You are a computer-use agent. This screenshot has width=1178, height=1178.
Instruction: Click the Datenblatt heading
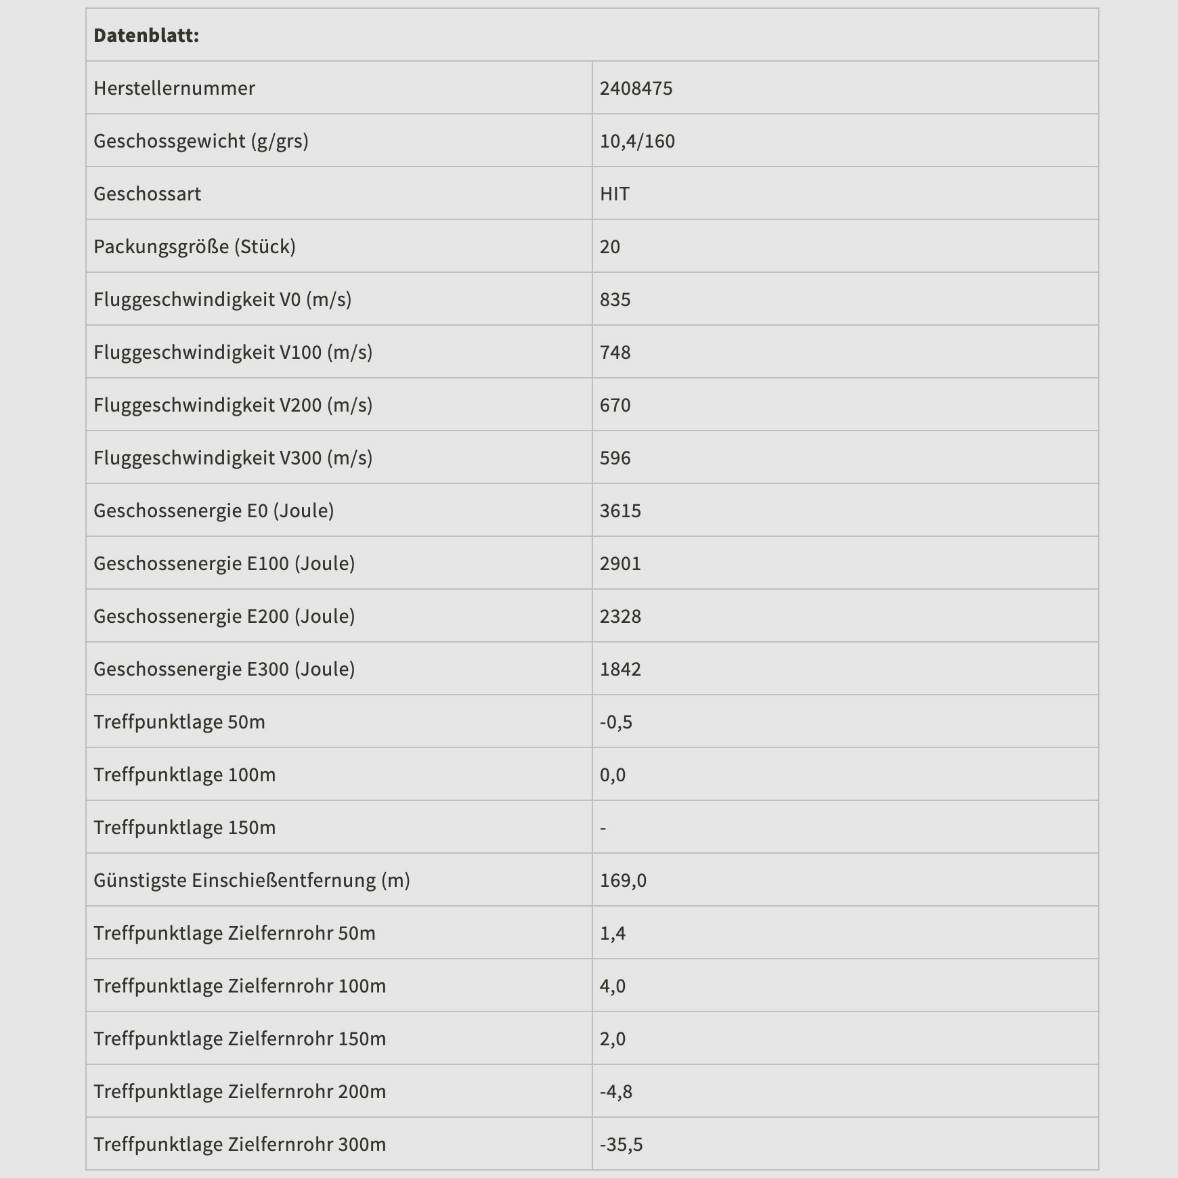pyautogui.click(x=146, y=35)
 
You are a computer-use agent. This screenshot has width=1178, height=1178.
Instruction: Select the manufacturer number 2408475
pyautogui.click(x=636, y=88)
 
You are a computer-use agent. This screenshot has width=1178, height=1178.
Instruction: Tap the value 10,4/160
pyautogui.click(x=637, y=141)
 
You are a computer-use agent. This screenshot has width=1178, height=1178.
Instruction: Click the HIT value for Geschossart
pyautogui.click(x=615, y=194)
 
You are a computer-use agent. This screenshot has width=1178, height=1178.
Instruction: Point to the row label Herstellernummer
pyautogui.click(x=174, y=88)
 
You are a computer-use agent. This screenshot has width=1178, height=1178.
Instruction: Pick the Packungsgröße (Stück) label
pyautogui.click(x=194, y=246)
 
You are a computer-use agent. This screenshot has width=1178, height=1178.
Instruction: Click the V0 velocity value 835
pyautogui.click(x=615, y=299)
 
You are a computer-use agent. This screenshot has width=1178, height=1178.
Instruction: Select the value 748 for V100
pyautogui.click(x=615, y=352)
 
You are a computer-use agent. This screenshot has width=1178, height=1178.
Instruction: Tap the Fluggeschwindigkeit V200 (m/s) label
pyautogui.click(x=233, y=405)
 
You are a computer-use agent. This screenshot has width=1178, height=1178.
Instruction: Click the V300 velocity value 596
pyautogui.click(x=615, y=458)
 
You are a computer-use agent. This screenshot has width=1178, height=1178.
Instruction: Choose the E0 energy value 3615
pyautogui.click(x=620, y=510)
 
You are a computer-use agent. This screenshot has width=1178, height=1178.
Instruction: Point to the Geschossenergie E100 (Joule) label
pyautogui.click(x=224, y=563)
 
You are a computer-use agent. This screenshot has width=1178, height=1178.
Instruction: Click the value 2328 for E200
pyautogui.click(x=620, y=616)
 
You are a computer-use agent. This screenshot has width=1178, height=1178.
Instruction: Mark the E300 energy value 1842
pyautogui.click(x=620, y=669)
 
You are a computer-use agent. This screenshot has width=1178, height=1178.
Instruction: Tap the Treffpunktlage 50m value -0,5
pyautogui.click(x=616, y=722)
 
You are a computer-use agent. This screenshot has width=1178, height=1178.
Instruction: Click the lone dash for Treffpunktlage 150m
pyautogui.click(x=603, y=827)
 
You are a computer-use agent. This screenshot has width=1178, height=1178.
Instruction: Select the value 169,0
pyautogui.click(x=623, y=880)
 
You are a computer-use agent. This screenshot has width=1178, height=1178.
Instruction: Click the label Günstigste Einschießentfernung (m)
pyautogui.click(x=252, y=880)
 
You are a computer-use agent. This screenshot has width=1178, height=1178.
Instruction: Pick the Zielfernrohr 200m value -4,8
pyautogui.click(x=616, y=1091)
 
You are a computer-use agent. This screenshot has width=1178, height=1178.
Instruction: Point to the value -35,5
pyautogui.click(x=621, y=1144)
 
